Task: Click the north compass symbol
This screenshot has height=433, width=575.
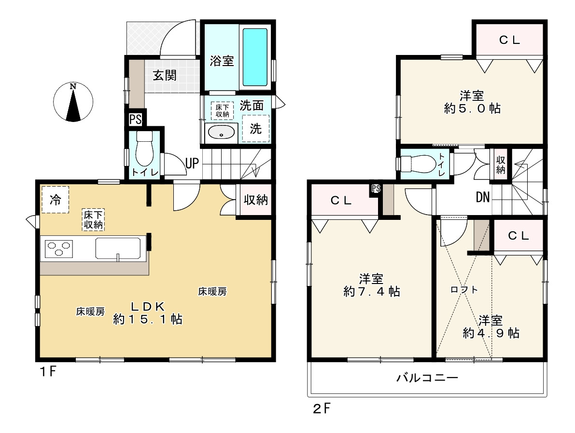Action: coord(73,102)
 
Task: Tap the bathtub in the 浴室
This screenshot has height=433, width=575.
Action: coord(255,57)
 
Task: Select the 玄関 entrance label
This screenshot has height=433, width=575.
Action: coord(165,76)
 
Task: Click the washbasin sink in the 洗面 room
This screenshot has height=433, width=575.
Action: coord(221,132)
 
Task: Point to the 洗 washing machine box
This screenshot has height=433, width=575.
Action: coord(255,129)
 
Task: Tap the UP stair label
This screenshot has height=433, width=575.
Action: coord(192,163)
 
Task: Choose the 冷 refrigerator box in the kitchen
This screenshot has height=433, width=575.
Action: coord(56,200)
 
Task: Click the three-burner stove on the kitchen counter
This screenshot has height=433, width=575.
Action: coord(59,248)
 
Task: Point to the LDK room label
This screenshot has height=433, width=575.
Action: coord(148,306)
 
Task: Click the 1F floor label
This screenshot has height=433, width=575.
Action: coord(48,372)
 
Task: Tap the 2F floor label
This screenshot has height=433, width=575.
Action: coord(322,408)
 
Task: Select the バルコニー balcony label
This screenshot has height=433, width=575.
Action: coord(427,378)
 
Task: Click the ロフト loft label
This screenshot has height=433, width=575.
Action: coord(464,290)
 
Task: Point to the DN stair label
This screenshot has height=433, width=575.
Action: coord(483,197)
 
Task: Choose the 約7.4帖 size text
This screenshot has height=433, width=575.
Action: coord(371,292)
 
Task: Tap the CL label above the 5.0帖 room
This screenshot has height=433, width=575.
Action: coord(509,40)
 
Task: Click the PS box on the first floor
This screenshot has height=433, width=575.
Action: coord(135,120)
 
